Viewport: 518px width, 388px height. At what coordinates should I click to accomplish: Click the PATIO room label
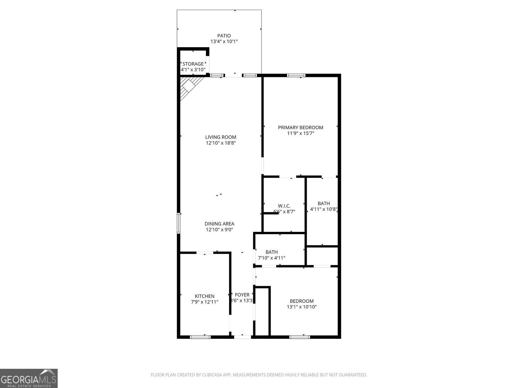[224, 36]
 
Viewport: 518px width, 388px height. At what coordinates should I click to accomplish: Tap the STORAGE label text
[193, 64]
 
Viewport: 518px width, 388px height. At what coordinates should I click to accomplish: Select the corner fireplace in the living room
[189, 86]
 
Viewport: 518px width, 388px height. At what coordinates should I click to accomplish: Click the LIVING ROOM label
[220, 137]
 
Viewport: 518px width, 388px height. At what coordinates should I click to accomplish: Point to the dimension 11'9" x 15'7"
[300, 133]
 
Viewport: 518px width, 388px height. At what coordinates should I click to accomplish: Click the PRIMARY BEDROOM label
[300, 127]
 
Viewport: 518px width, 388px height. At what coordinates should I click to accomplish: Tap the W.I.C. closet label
[284, 206]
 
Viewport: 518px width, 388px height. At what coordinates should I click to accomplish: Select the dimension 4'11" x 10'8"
[324, 209]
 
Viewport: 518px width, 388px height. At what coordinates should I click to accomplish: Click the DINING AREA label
[219, 224]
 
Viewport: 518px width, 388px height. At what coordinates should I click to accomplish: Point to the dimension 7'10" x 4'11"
[271, 258]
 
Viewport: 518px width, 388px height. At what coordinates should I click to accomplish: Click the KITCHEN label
[204, 296]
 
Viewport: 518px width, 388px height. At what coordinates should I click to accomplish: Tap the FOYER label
[242, 295]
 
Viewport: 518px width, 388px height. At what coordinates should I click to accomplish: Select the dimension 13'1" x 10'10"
[301, 307]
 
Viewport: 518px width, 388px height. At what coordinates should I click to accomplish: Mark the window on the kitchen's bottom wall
[200, 337]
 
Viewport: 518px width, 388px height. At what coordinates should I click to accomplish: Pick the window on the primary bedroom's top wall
[296, 76]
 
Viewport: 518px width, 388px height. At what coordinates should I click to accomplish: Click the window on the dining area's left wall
[178, 223]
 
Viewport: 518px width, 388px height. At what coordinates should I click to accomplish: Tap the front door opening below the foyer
[242, 337]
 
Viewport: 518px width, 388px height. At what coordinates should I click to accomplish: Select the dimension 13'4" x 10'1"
[224, 41]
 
